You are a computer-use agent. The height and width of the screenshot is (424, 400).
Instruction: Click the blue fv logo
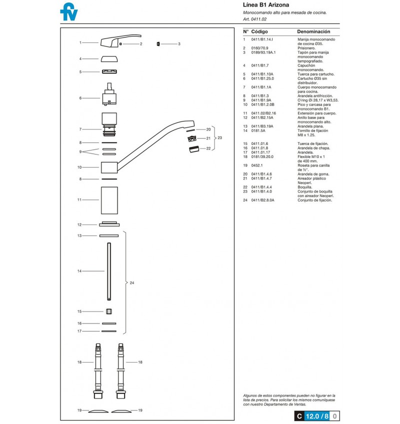click(68, 12)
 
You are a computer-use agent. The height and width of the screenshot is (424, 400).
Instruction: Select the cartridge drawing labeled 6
click(109, 94)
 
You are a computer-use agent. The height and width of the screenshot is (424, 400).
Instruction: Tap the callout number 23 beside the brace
click(219, 138)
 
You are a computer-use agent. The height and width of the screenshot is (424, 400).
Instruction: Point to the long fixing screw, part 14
click(109, 271)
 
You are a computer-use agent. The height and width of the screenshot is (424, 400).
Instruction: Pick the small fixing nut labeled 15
click(109, 311)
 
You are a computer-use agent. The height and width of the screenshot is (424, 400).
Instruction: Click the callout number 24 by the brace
click(132, 283)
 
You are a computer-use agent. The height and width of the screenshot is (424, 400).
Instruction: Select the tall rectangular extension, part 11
click(109, 200)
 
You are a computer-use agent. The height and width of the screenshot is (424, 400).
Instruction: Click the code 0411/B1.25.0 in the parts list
click(262, 78)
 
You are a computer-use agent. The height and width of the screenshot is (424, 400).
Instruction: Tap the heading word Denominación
click(313, 31)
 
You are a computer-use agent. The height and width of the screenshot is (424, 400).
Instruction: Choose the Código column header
click(259, 31)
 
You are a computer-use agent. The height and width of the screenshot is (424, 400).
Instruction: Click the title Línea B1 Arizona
click(266, 5)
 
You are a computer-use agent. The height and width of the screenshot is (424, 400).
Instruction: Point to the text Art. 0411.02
click(254, 19)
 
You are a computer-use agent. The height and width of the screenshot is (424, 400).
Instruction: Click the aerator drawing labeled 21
click(192, 138)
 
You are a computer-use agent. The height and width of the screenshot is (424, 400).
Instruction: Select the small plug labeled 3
click(158, 44)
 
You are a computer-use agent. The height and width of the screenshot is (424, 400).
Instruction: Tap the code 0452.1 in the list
click(256, 165)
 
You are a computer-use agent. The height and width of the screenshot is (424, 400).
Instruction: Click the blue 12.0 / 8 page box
click(317, 416)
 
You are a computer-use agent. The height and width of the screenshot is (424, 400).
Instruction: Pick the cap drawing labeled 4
click(109, 58)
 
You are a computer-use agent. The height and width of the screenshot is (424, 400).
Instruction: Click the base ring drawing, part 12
click(109, 224)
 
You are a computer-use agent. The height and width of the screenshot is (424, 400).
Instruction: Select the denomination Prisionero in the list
click(306, 48)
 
